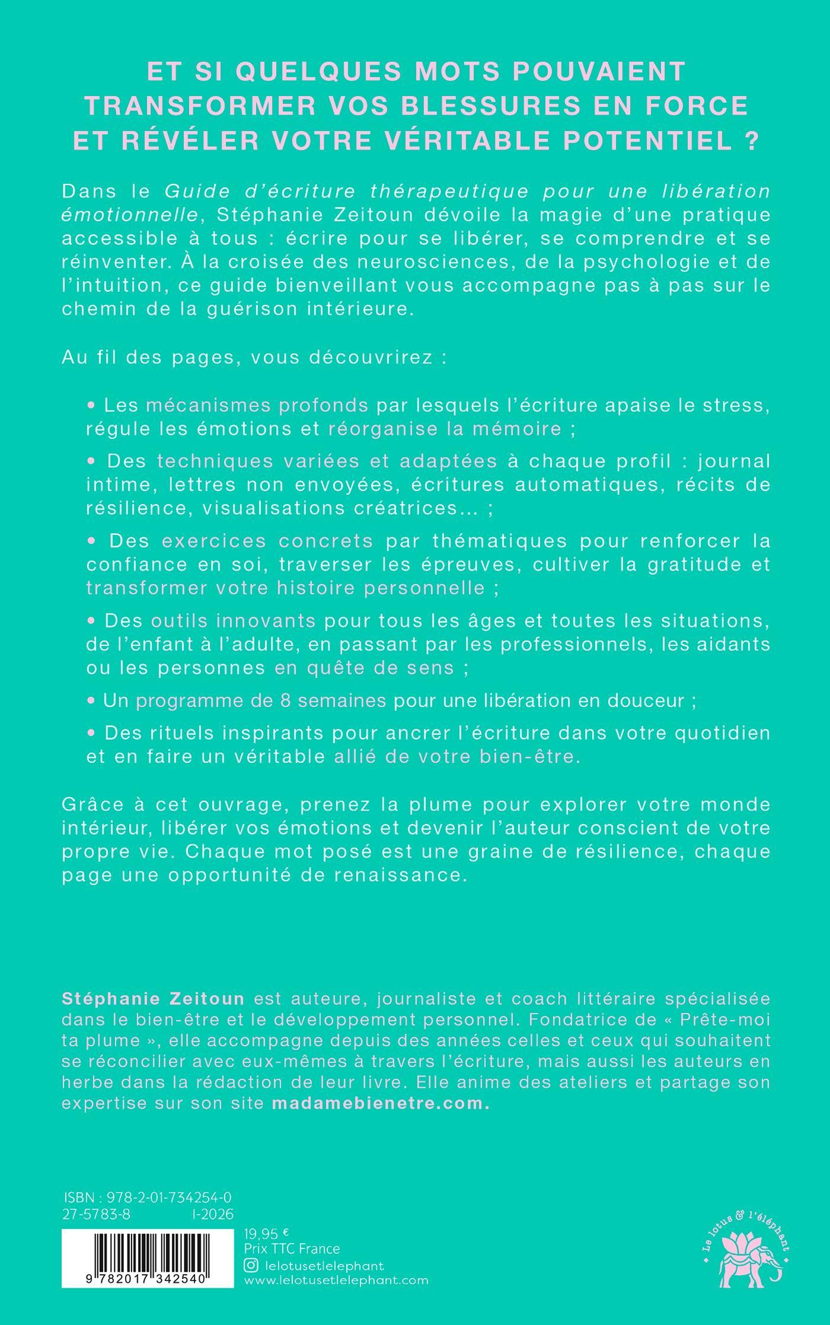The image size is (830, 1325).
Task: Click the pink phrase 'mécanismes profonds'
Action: point(257,405)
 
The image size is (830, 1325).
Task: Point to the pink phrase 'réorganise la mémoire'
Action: point(445,428)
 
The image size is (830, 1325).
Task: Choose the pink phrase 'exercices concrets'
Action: point(267,540)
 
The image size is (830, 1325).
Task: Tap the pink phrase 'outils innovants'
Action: point(233,620)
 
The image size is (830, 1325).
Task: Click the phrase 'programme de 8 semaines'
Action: point(261,700)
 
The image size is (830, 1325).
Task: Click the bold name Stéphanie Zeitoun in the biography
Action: point(153,998)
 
